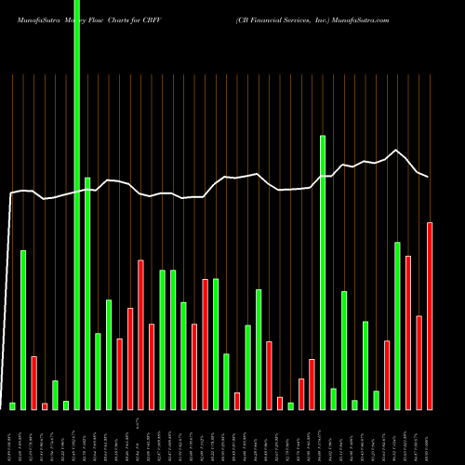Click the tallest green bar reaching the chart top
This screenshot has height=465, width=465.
click(76, 186)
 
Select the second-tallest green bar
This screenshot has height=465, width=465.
click(323, 270)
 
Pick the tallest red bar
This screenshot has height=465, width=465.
click(430, 316)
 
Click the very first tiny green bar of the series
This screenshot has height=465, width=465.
click(12, 405)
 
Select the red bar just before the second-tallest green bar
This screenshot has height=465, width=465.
click(312, 384)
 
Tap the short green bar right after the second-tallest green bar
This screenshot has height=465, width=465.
click(333, 399)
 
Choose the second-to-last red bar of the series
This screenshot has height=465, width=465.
click(418, 363)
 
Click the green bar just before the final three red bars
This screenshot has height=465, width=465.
click(397, 325)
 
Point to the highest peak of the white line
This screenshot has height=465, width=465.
click(397, 150)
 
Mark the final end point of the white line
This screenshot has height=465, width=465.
click(429, 177)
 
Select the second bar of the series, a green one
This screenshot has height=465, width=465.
click(23, 330)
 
